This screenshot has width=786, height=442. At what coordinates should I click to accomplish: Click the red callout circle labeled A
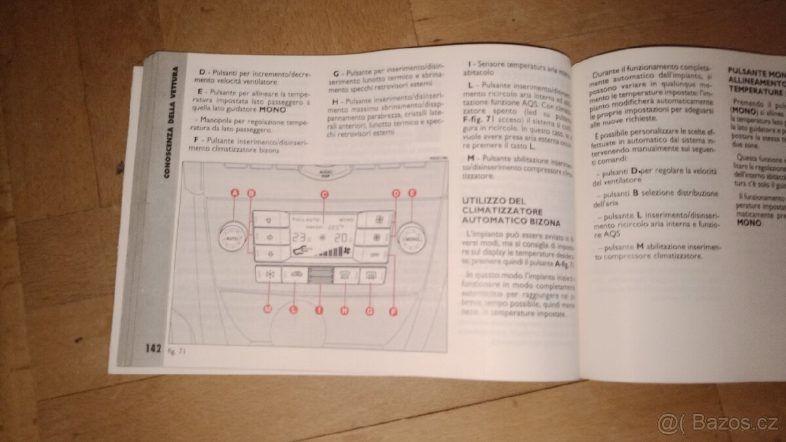[x=234, y=193]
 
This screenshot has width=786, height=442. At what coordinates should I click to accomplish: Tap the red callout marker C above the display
[x=324, y=194]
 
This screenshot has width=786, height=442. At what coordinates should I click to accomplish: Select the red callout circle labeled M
[x=268, y=308]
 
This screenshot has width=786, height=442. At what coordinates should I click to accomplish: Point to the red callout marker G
[x=369, y=312]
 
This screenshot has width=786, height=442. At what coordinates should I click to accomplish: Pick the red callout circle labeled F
[x=393, y=312]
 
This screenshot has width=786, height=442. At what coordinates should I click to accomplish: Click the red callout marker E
[x=412, y=193]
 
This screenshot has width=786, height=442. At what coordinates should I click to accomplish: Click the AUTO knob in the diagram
[x=231, y=242]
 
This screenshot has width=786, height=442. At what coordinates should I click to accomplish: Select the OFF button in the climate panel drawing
[x=375, y=254]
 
